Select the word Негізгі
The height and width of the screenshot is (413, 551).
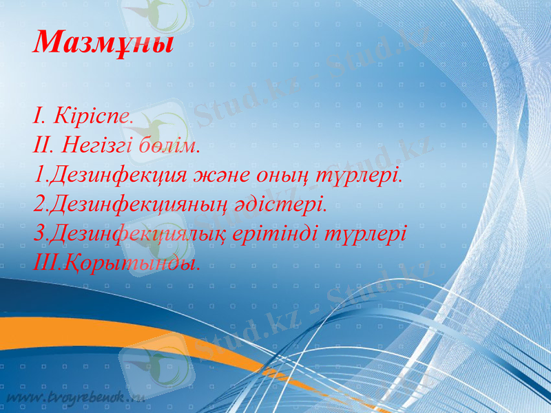(94, 145)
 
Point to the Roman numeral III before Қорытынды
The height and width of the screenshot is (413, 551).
(44, 262)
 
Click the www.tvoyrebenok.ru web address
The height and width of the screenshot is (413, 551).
(76, 398)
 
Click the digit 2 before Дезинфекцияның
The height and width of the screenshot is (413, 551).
(39, 204)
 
